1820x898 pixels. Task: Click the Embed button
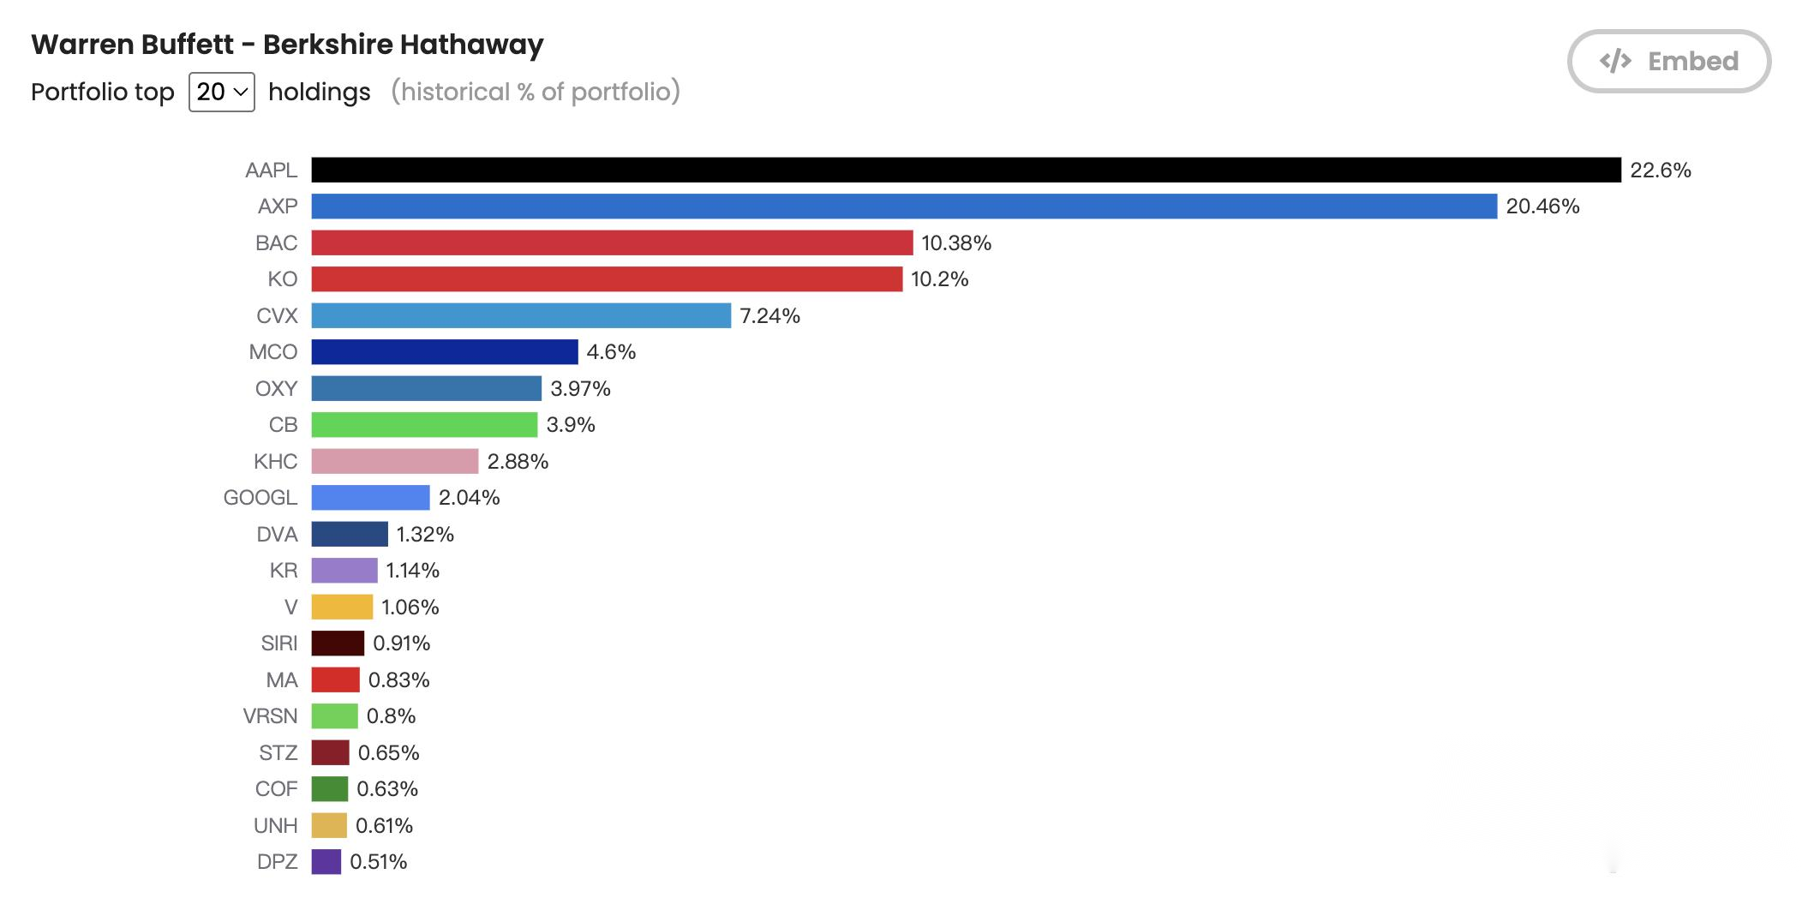click(1668, 61)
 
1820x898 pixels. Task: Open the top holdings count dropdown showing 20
click(222, 92)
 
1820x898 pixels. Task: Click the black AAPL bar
click(967, 170)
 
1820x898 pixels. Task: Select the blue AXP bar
click(904, 207)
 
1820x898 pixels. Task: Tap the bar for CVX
click(521, 315)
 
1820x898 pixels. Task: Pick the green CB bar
click(424, 425)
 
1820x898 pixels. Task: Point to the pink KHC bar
click(395, 461)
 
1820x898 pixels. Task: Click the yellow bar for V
click(342, 607)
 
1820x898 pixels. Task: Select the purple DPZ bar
click(326, 862)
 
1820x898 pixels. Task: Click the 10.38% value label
click(956, 243)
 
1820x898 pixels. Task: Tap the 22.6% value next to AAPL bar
click(1661, 171)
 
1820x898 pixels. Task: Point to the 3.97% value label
click(580, 389)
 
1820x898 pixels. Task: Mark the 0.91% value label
click(401, 644)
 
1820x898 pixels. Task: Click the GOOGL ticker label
click(260, 498)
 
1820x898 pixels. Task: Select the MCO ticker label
click(273, 352)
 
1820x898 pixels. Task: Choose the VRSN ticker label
click(271, 716)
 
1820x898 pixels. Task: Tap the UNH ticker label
click(276, 826)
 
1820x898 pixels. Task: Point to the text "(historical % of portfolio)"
click(536, 92)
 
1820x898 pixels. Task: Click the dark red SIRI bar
click(338, 644)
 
